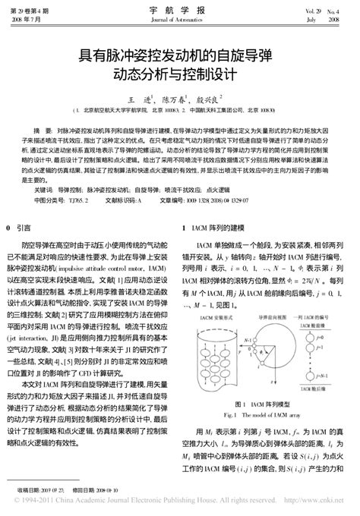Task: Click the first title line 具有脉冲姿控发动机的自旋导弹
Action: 178,58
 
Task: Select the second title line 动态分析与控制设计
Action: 178,76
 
